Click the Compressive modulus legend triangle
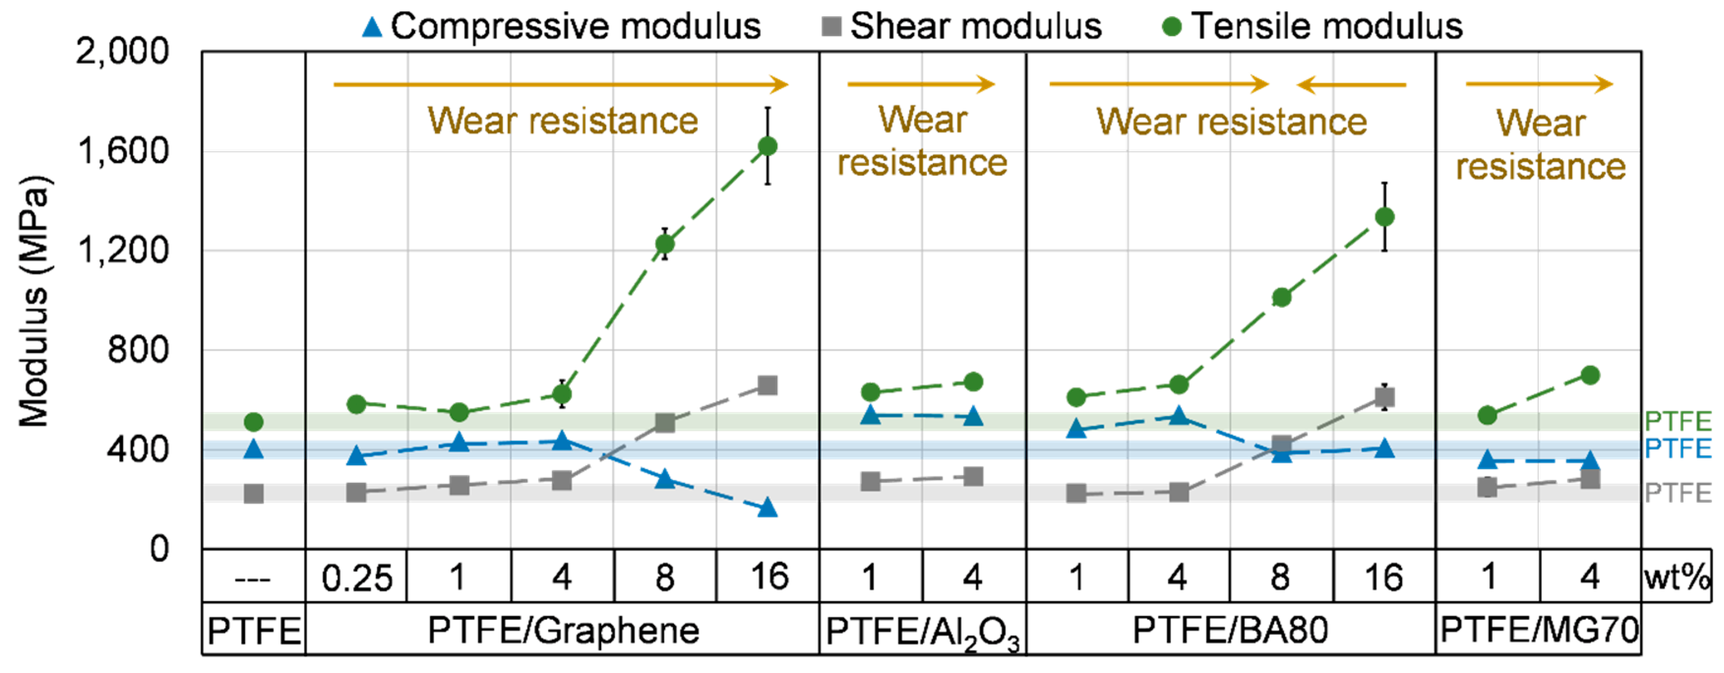(371, 28)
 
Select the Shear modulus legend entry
(961, 27)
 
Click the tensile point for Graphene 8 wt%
(665, 244)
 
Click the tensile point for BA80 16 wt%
(1385, 217)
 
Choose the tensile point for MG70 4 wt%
(1590, 375)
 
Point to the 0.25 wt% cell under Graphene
(356, 577)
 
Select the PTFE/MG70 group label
(1539, 630)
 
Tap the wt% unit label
(1676, 577)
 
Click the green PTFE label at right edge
(1678, 421)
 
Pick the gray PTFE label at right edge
(1678, 493)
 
